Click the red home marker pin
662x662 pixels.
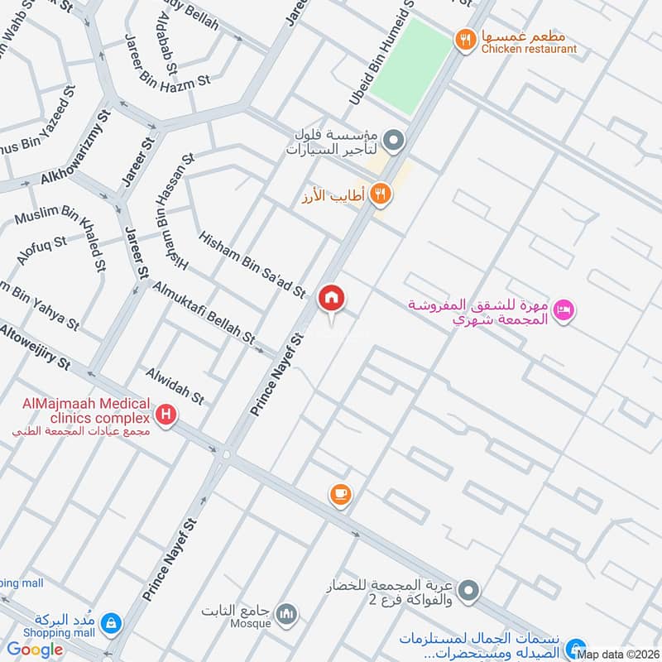332,298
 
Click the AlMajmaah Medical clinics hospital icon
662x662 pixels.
166,414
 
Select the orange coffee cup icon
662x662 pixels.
340,494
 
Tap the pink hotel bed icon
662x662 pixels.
564,309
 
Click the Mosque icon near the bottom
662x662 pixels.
286,614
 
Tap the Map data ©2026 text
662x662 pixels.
618,654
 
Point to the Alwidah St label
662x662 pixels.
174,386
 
